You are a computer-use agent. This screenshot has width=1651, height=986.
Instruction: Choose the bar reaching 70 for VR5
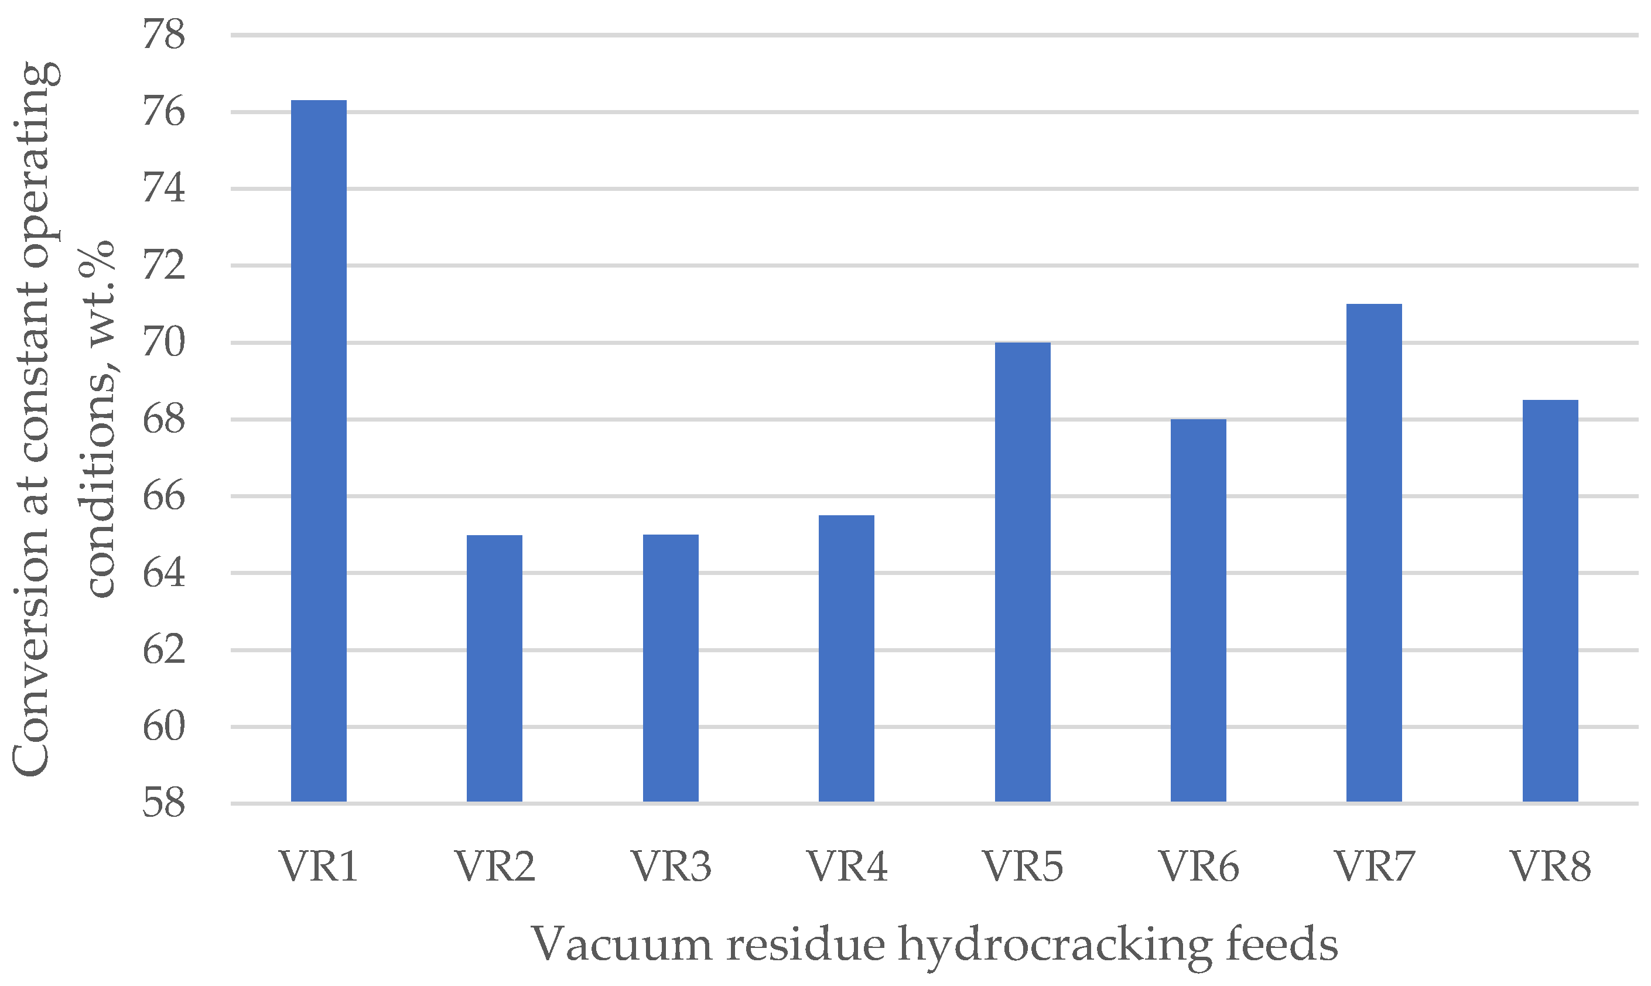tap(1023, 572)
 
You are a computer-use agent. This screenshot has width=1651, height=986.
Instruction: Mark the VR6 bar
tap(1198, 611)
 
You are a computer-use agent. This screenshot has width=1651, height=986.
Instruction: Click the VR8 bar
tap(1550, 601)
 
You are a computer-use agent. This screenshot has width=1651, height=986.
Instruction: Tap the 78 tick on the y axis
tap(163, 35)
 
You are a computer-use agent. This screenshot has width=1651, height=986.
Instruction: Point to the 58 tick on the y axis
tap(163, 803)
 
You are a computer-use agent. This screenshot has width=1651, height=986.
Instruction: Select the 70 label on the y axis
tap(163, 343)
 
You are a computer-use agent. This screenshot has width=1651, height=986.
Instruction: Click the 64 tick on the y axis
tap(163, 573)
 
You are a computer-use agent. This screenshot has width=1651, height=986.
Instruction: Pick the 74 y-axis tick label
tap(163, 189)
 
